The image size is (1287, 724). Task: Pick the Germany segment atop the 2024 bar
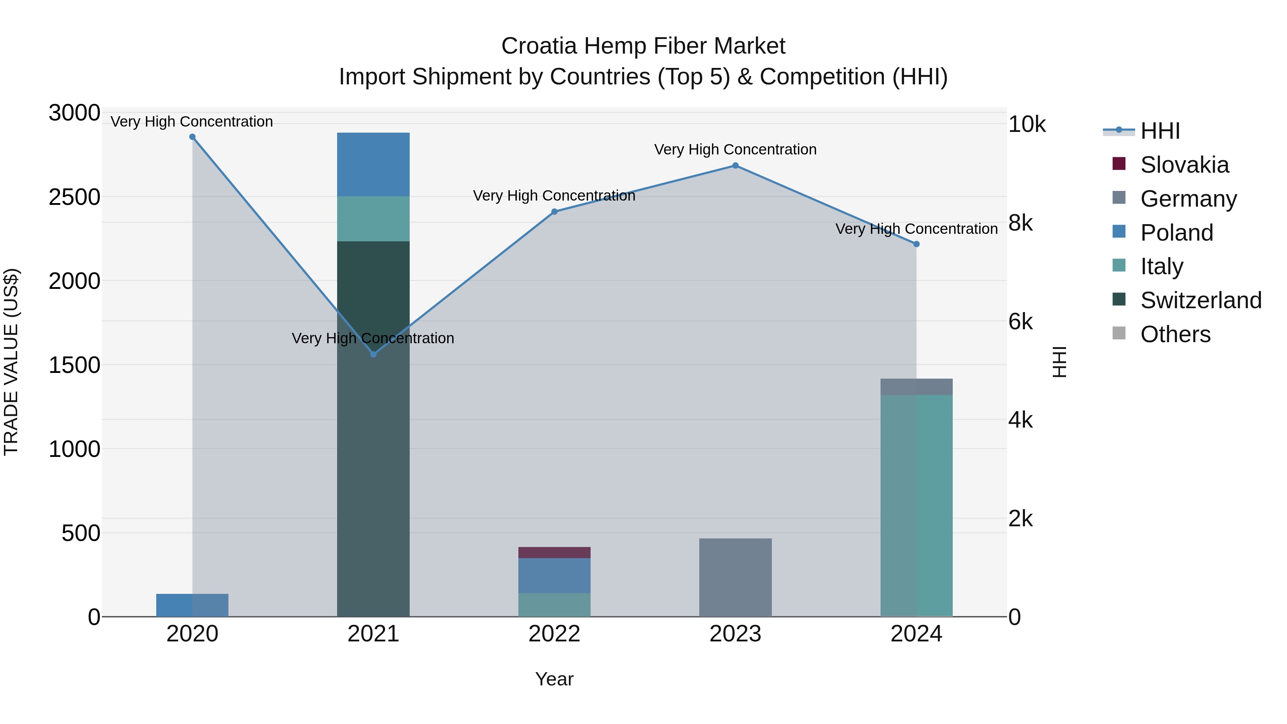(x=916, y=387)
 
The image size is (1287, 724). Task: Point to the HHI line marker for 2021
(x=373, y=354)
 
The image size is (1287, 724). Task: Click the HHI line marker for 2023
(x=735, y=166)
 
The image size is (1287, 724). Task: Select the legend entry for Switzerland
(x=1200, y=300)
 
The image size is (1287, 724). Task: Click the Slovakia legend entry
(x=1184, y=165)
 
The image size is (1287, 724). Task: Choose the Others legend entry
(x=1175, y=334)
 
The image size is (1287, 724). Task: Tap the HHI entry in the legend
(x=1160, y=131)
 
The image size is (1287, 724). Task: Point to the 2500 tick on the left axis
(x=74, y=197)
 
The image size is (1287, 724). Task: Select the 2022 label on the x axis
(x=554, y=634)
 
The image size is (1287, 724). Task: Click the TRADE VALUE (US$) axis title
(x=11, y=362)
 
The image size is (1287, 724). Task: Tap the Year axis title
(x=554, y=679)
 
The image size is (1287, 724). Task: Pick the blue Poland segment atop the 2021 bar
(x=373, y=164)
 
